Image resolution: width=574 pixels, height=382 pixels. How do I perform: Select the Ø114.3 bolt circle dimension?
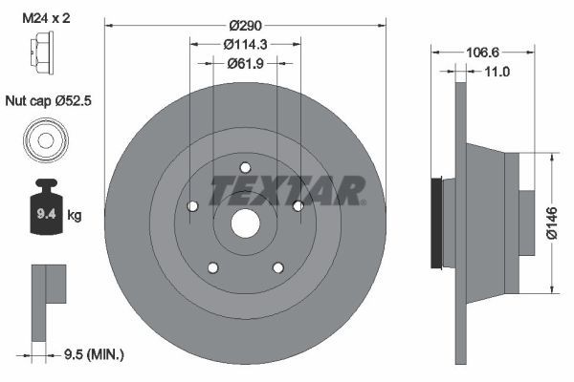244,43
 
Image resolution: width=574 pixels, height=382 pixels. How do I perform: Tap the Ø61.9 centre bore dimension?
244,64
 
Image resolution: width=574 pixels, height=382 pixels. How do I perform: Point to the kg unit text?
75,216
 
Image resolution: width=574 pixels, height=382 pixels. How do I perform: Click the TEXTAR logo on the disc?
286,190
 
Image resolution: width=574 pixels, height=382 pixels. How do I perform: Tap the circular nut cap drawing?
45,140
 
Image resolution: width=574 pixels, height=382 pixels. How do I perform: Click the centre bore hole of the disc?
245,223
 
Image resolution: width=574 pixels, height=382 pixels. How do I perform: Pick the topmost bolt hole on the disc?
245,166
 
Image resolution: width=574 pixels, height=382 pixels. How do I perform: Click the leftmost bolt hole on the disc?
192,205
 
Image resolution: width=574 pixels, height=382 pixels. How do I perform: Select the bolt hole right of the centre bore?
298,205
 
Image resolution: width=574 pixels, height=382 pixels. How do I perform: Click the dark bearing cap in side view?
439,223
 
